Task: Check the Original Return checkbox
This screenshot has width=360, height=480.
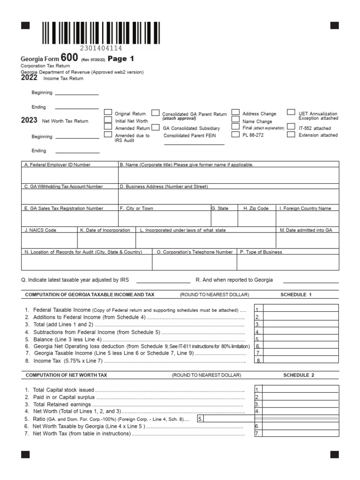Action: [108, 112]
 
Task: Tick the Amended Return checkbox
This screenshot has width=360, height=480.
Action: [108, 127]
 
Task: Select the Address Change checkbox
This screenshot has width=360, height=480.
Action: [235, 112]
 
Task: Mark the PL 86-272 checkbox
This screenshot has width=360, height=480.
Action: [235, 135]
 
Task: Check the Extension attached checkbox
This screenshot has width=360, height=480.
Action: [291, 135]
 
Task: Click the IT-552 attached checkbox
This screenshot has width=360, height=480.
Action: [291, 127]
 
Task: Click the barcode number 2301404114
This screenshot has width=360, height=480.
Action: [101, 48]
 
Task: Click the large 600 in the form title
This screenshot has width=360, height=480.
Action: [69, 58]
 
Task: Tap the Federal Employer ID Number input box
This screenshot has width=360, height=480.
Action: [70, 175]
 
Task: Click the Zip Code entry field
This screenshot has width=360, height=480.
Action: [257, 218]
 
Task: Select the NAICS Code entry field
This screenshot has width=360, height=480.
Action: [49, 240]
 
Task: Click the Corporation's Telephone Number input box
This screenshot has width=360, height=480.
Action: [195, 262]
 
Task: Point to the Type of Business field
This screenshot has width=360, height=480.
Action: [288, 262]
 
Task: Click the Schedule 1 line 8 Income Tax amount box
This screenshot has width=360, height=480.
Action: [300, 360]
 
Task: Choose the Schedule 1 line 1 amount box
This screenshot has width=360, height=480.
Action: [300, 308]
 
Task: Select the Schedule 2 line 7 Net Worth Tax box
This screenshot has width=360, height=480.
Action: [300, 433]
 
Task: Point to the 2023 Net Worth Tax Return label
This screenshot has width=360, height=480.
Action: [55, 121]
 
